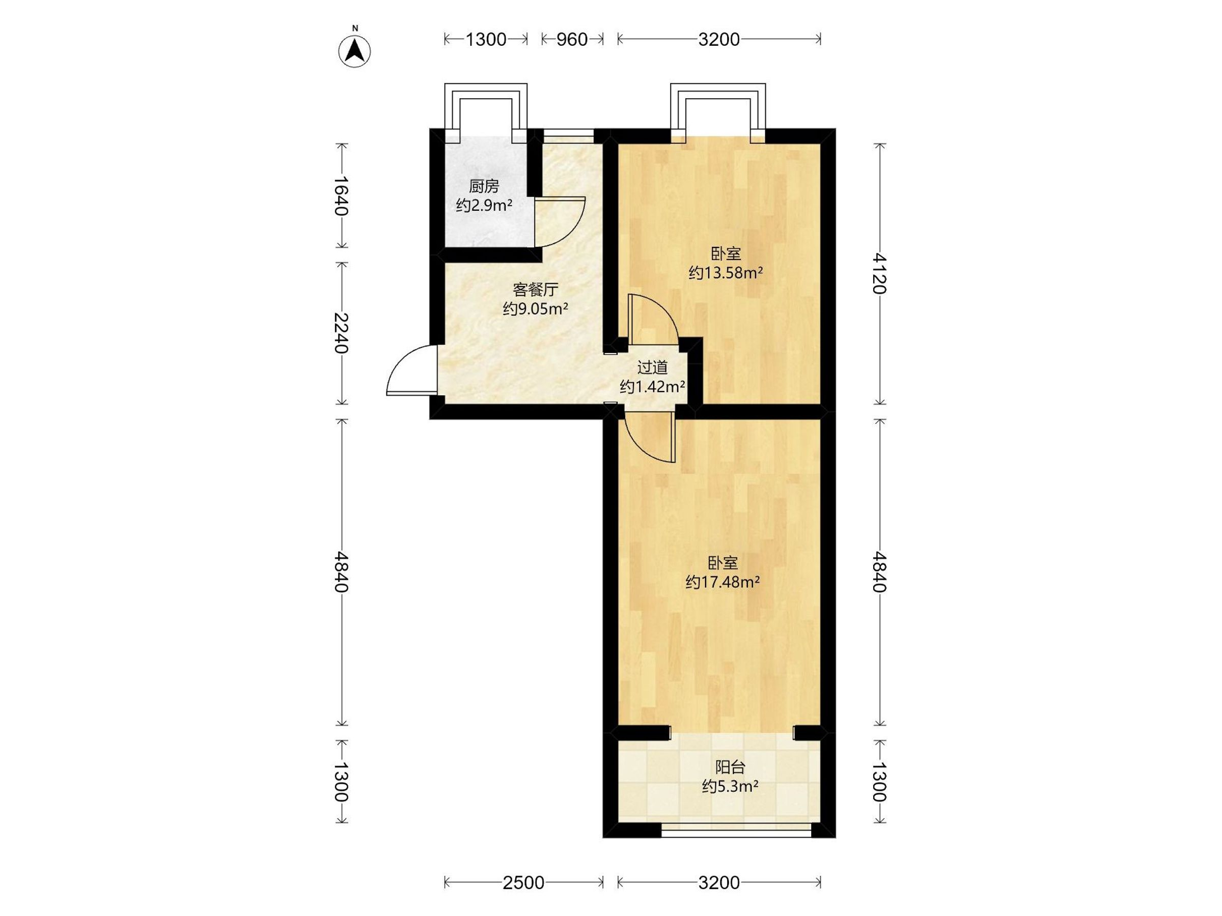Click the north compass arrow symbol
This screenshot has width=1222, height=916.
click(x=354, y=51)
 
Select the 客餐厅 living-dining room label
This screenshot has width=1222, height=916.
click(x=535, y=290)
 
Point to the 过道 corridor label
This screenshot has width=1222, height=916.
click(x=652, y=367)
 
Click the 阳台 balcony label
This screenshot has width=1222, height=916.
click(x=730, y=767)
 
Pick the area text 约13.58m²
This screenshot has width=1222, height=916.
click(x=726, y=273)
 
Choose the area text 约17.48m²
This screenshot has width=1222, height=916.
click(x=723, y=582)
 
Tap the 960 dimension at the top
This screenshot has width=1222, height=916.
click(x=572, y=39)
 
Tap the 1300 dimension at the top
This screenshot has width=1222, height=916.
click(x=486, y=39)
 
